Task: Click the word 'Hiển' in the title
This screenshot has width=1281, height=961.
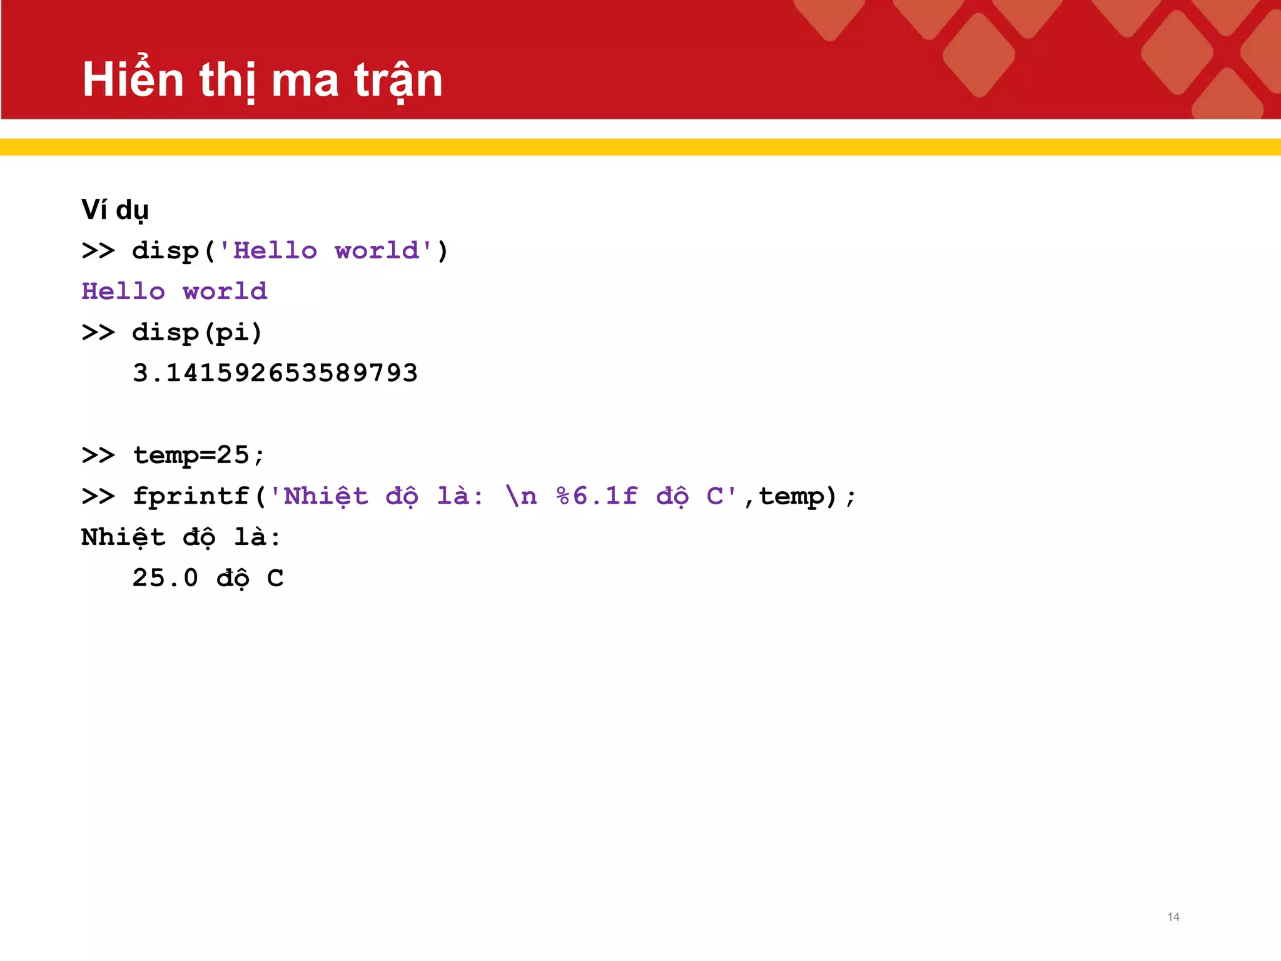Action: (x=133, y=79)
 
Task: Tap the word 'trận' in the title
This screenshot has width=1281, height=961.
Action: (x=398, y=80)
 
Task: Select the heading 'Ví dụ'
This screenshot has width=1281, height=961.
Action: (x=115, y=210)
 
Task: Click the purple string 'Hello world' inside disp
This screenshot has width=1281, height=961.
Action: (x=326, y=251)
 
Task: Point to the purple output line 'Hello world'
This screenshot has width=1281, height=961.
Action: (x=175, y=292)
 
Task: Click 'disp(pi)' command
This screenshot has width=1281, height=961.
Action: (x=196, y=332)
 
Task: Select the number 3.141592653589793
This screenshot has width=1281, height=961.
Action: (x=275, y=374)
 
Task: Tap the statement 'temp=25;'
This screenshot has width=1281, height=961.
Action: (x=199, y=455)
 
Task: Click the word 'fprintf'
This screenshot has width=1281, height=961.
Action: (x=191, y=496)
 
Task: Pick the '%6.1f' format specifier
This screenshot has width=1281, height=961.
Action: (x=597, y=496)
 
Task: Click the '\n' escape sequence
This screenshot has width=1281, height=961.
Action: (x=521, y=496)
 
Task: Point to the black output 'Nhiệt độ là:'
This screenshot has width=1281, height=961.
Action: (x=181, y=537)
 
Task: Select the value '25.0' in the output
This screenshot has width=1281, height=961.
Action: (x=165, y=578)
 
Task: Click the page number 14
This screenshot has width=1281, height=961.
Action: (x=1173, y=917)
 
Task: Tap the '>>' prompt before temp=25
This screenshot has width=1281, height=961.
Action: (x=98, y=455)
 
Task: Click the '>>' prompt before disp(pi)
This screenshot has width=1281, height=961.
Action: (x=98, y=332)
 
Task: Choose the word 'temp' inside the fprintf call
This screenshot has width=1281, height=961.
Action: (x=791, y=496)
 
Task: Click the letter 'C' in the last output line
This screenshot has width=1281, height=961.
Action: (x=275, y=578)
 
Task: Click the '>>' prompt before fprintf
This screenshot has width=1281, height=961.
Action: (x=98, y=496)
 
